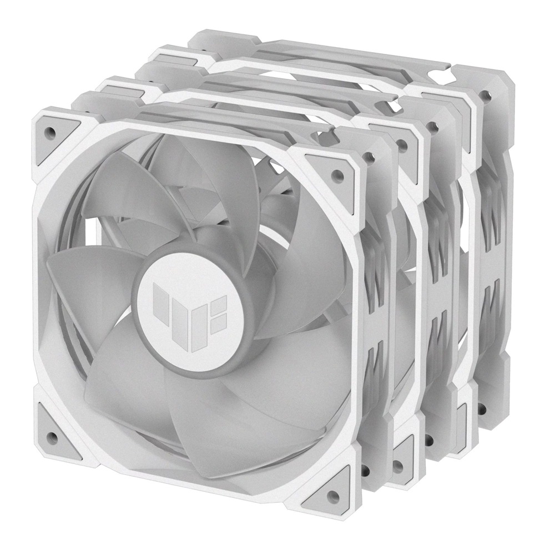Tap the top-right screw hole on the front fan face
335,173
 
